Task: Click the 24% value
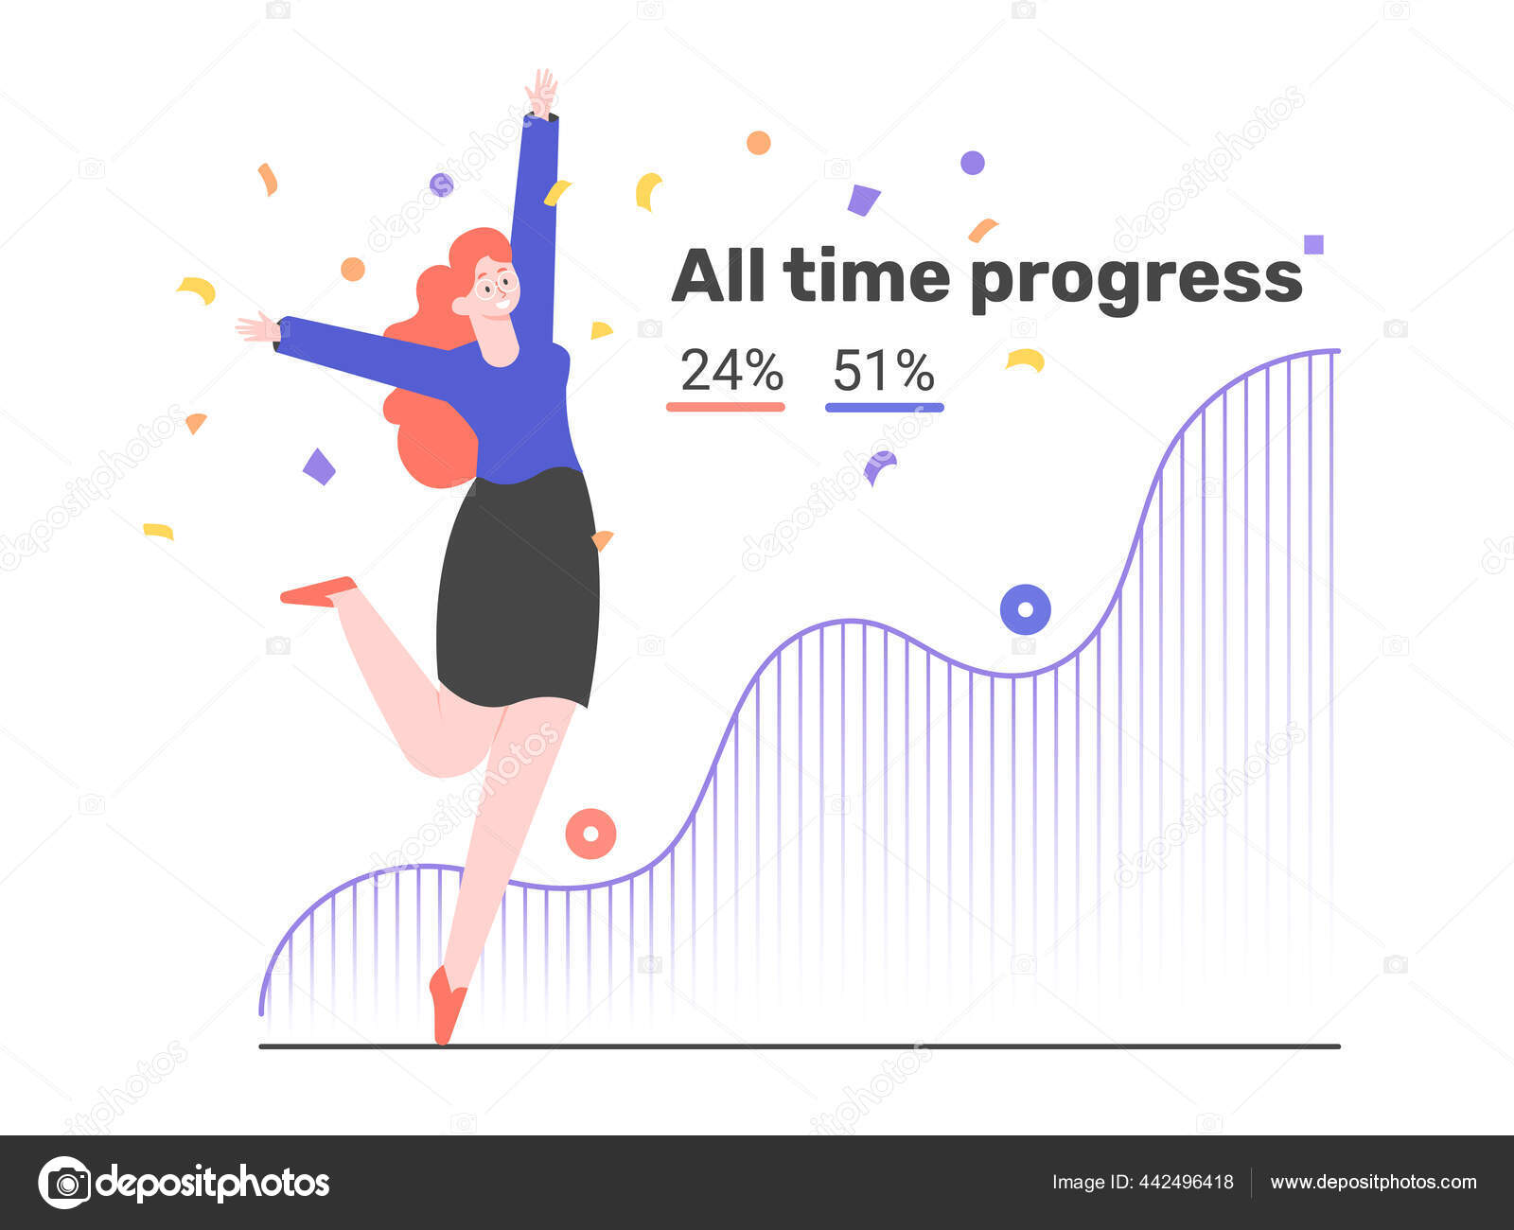[x=731, y=370]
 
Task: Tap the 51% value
[x=884, y=370]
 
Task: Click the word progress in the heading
[x=1136, y=279]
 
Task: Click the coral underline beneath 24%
[x=726, y=407]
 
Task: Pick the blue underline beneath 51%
[x=884, y=407]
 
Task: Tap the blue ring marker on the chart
[x=1025, y=610]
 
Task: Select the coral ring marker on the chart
[x=590, y=834]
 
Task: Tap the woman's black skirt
[x=519, y=587]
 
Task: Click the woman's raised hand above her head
[x=541, y=93]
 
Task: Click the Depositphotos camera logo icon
[x=64, y=1183]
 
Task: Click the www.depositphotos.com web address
[x=1373, y=1182]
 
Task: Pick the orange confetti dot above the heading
[x=758, y=143]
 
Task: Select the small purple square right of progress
[x=1313, y=245]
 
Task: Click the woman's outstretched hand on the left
[x=255, y=327]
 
